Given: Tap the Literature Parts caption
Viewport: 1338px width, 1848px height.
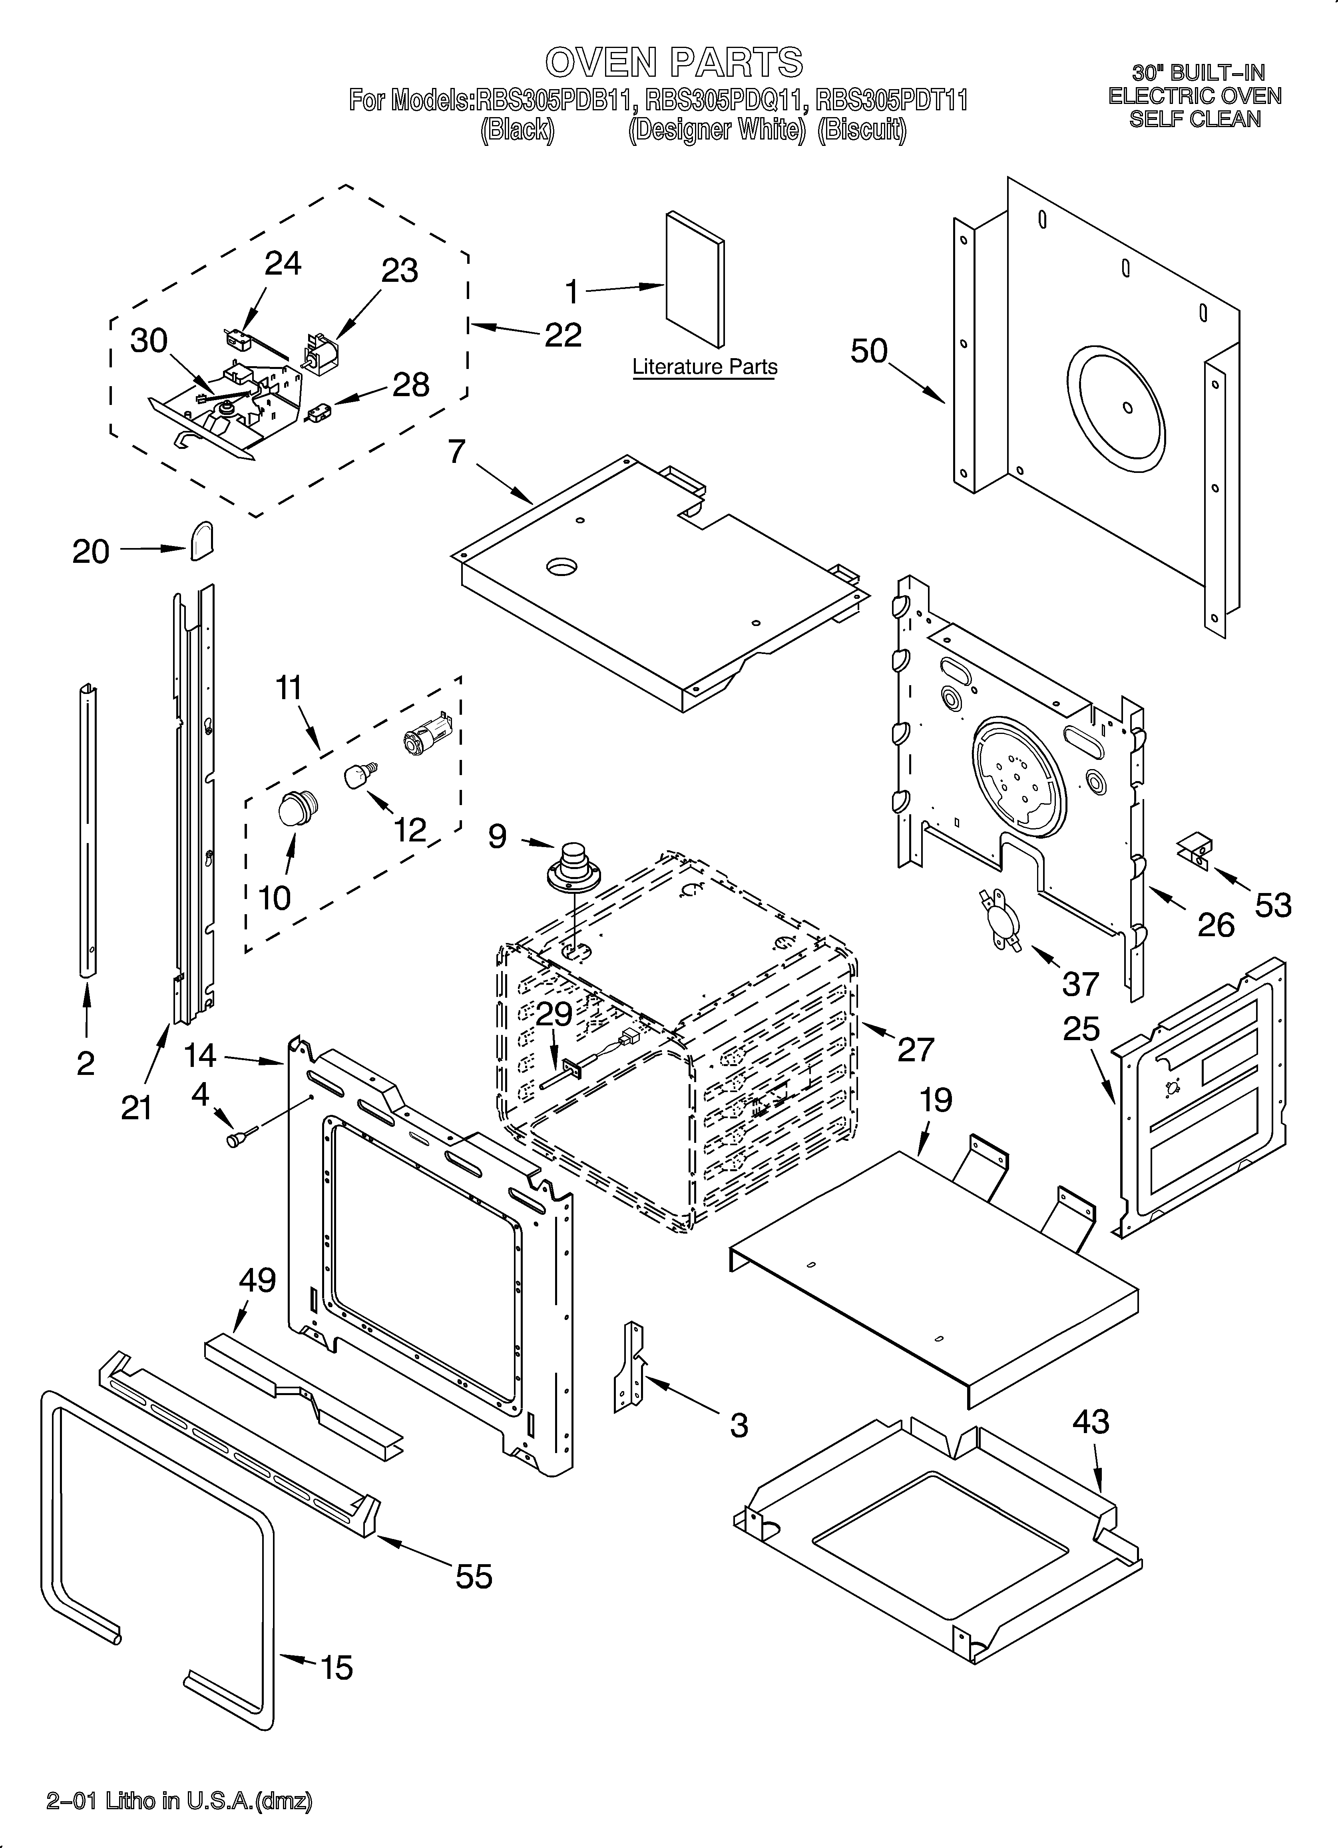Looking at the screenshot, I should pyautogui.click(x=705, y=367).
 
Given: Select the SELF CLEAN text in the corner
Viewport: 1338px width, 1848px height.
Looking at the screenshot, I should pyautogui.click(x=1195, y=119).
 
